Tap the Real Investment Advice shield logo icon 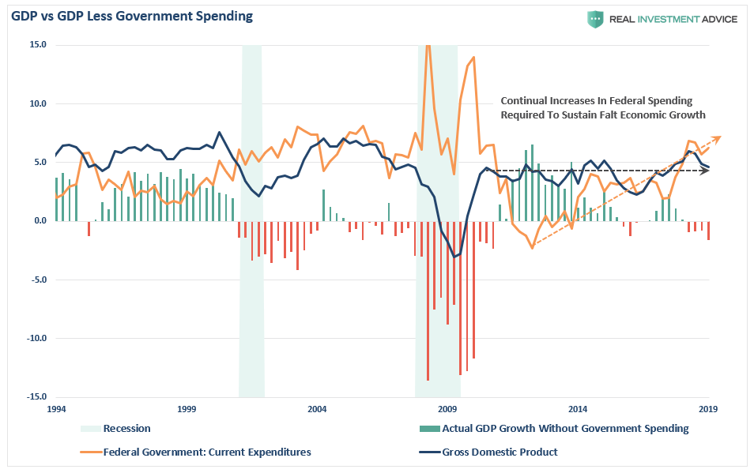594,19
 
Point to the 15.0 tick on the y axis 39,45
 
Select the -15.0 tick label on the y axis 36,397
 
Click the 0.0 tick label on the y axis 39,221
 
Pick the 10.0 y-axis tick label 39,103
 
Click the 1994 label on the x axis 56,409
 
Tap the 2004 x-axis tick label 317,409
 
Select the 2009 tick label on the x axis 447,409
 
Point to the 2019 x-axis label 708,409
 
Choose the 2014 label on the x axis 578,409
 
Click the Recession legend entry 126,429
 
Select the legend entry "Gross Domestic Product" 500,452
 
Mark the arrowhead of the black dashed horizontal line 707,170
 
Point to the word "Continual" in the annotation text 526,101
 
